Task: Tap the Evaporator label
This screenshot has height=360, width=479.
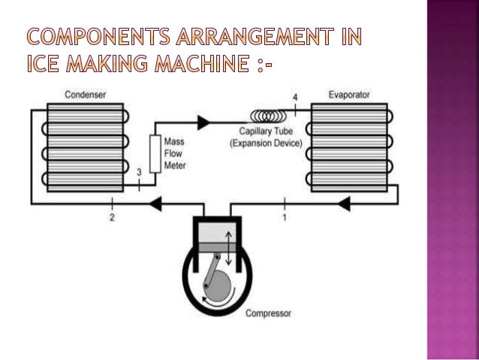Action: pyautogui.click(x=349, y=95)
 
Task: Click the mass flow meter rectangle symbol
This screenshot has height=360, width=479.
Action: pyautogui.click(x=157, y=155)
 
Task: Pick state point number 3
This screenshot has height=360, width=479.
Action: pyautogui.click(x=138, y=172)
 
